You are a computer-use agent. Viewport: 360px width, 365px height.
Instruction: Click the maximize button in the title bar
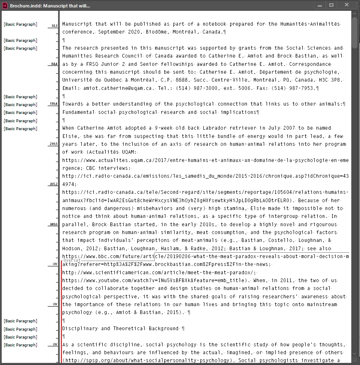tap(331, 5)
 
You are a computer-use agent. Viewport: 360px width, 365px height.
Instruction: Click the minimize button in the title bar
tap(319, 5)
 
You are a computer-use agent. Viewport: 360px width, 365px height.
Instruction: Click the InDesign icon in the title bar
tap(5, 5)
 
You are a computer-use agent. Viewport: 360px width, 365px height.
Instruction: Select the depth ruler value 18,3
tap(54, 26)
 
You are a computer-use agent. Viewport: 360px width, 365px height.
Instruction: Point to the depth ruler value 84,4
tap(54, 64)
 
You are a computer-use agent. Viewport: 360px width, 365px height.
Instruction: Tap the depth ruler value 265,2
tap(53, 184)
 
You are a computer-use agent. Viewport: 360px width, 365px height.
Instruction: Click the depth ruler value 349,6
tap(53, 225)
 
